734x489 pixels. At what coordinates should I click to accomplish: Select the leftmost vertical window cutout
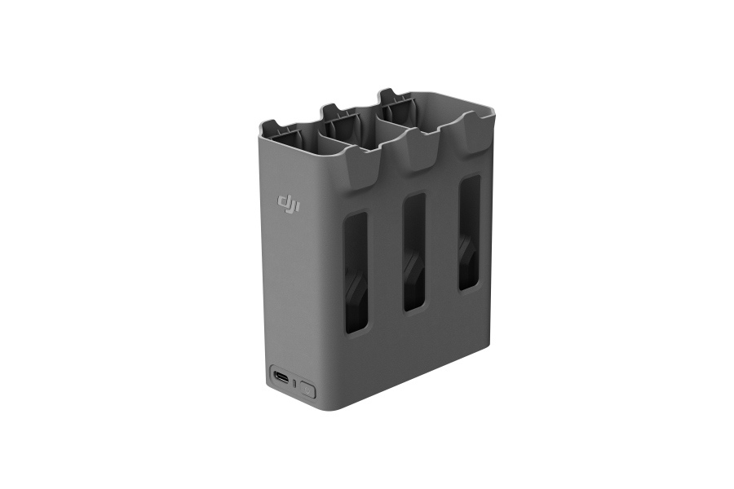(x=356, y=274)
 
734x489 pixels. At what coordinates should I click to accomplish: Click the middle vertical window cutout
(x=414, y=253)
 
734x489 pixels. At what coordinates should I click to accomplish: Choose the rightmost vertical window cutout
(x=469, y=232)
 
